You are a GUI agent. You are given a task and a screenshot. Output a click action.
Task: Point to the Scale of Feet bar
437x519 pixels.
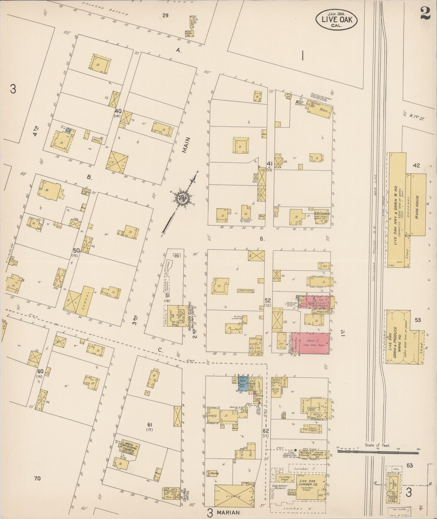[x=378, y=452]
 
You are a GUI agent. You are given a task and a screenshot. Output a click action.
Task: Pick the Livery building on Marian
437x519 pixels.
[x=235, y=496]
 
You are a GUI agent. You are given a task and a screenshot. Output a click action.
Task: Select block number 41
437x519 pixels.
[x=269, y=164]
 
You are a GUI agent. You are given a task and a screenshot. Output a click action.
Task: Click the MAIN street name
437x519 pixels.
[x=186, y=145]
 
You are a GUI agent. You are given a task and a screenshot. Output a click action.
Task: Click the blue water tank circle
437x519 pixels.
[x=68, y=130]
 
